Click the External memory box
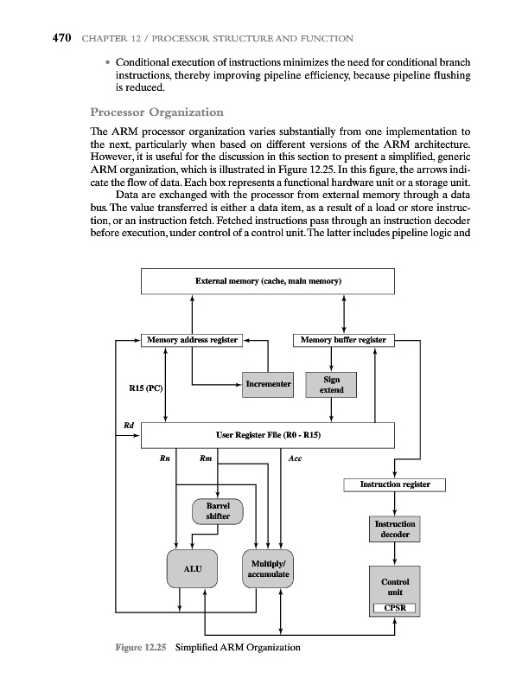pyautogui.click(x=267, y=282)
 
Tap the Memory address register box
pyautogui.click(x=192, y=340)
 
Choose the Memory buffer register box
pyautogui.click(x=344, y=340)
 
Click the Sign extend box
pyautogui.click(x=331, y=385)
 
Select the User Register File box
pyautogui.click(x=267, y=435)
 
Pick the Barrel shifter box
pyautogui.click(x=217, y=511)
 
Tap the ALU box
pyautogui.click(x=192, y=570)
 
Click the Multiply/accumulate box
pyautogui.click(x=268, y=569)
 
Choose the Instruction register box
pyautogui.click(x=394, y=484)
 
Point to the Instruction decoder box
pyautogui.click(x=395, y=529)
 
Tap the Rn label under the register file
pyautogui.click(x=164, y=459)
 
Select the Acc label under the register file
pyautogui.click(x=296, y=459)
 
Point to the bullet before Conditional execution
pyautogui.click(x=106, y=66)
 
